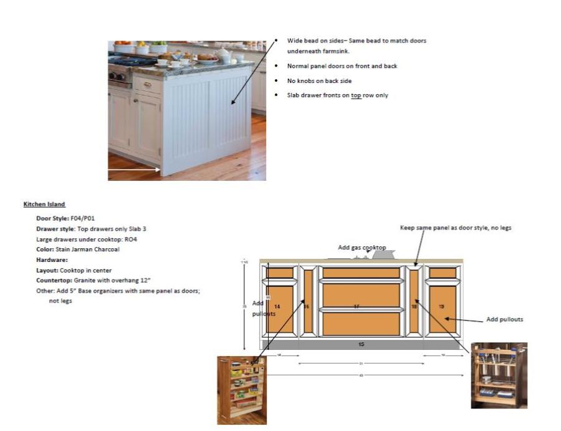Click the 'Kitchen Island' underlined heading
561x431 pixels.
[44, 204]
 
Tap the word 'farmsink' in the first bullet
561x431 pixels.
[336, 51]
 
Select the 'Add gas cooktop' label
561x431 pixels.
[362, 248]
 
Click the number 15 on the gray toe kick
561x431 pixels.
[362, 344]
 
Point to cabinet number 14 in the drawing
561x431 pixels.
[277, 306]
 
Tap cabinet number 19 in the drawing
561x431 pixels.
[441, 306]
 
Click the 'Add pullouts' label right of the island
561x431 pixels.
[504, 319]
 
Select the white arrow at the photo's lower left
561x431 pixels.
[135, 169]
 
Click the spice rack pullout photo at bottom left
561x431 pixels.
[242, 390]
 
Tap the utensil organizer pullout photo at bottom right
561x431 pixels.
[499, 375]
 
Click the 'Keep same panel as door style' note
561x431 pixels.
[455, 228]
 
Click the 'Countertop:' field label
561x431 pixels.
[53, 280]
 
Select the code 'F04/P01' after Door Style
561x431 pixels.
[84, 218]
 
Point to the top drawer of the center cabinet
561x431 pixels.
[361, 273]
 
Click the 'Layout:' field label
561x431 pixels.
[47, 270]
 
